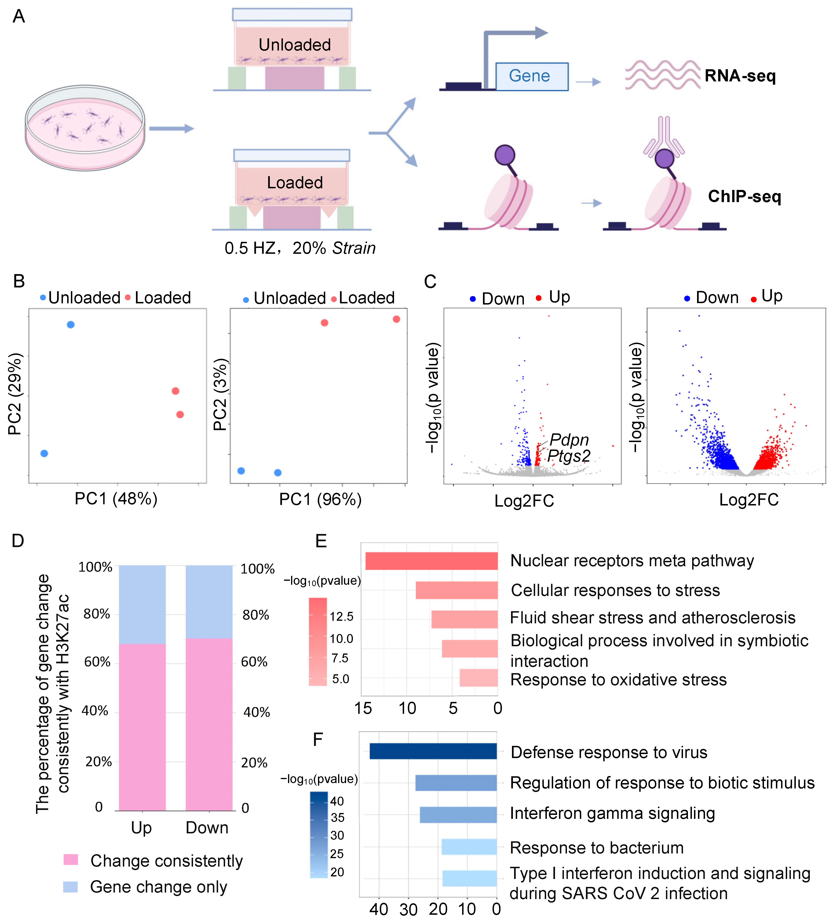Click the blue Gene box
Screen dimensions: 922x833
coord(532,76)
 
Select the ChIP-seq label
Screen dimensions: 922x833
coord(744,197)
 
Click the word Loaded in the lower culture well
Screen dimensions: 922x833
coord(295,182)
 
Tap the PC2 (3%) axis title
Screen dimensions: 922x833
coord(220,394)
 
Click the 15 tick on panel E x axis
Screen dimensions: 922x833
coord(363,708)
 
